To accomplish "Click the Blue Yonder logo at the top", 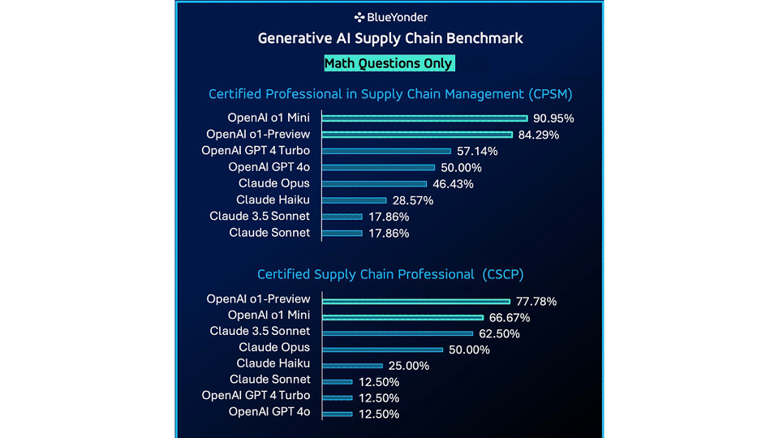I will (x=390, y=17).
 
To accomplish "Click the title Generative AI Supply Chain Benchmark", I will (x=390, y=38).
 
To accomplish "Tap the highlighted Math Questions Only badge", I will (x=389, y=63).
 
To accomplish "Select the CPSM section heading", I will (x=390, y=94).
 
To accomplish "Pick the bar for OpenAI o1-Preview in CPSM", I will (x=417, y=135).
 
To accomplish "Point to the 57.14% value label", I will (x=477, y=151).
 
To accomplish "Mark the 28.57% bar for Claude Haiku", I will (x=354, y=200).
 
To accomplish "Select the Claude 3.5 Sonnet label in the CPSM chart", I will (x=260, y=217).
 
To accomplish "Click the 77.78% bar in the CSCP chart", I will (x=415, y=301).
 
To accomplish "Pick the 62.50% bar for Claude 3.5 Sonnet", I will (x=397, y=333).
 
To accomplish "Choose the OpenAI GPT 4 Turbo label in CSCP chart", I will (x=256, y=396).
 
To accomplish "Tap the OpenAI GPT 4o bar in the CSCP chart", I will (x=337, y=414).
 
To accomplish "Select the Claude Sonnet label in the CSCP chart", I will (x=270, y=380).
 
